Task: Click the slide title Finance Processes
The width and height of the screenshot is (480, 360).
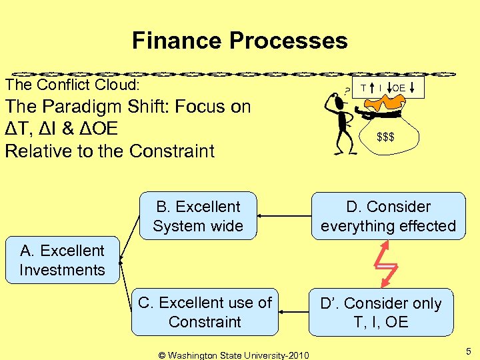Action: pyautogui.click(x=239, y=41)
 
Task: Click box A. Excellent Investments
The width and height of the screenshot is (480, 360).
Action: pyautogui.click(x=62, y=260)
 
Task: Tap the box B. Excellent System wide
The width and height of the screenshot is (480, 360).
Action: pyautogui.click(x=197, y=216)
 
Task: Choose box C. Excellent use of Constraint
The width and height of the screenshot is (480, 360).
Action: pyautogui.click(x=205, y=312)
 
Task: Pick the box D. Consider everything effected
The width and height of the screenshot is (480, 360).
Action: pyautogui.click(x=388, y=216)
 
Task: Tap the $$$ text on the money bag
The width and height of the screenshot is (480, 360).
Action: pyautogui.click(x=385, y=137)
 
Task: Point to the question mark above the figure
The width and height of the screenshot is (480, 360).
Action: pyautogui.click(x=330, y=95)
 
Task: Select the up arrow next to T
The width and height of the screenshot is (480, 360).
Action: pyautogui.click(x=371, y=87)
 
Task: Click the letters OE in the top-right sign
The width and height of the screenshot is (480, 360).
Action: pyautogui.click(x=398, y=88)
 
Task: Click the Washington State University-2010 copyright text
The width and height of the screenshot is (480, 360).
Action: pyautogui.click(x=233, y=355)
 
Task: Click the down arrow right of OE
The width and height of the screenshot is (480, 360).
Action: pyautogui.click(x=412, y=87)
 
